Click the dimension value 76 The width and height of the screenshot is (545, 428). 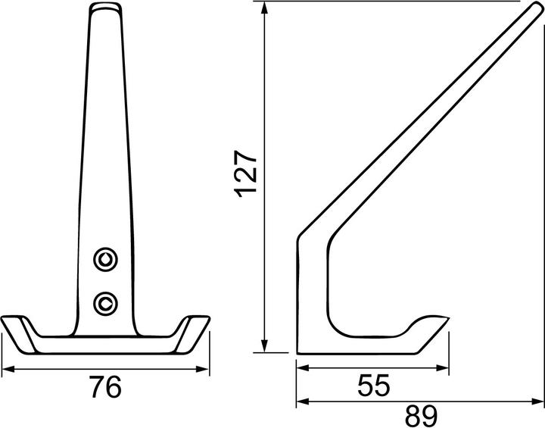tap(105, 387)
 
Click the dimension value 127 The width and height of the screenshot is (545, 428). tap(246, 173)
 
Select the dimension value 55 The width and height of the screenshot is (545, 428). tap(374, 385)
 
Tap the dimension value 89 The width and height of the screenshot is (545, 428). tap(421, 416)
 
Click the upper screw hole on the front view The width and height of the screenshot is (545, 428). tap(105, 259)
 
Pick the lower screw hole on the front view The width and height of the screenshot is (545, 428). tap(105, 303)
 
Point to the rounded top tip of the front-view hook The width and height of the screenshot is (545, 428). tap(106, 5)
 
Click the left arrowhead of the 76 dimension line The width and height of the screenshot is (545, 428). tap(8, 369)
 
